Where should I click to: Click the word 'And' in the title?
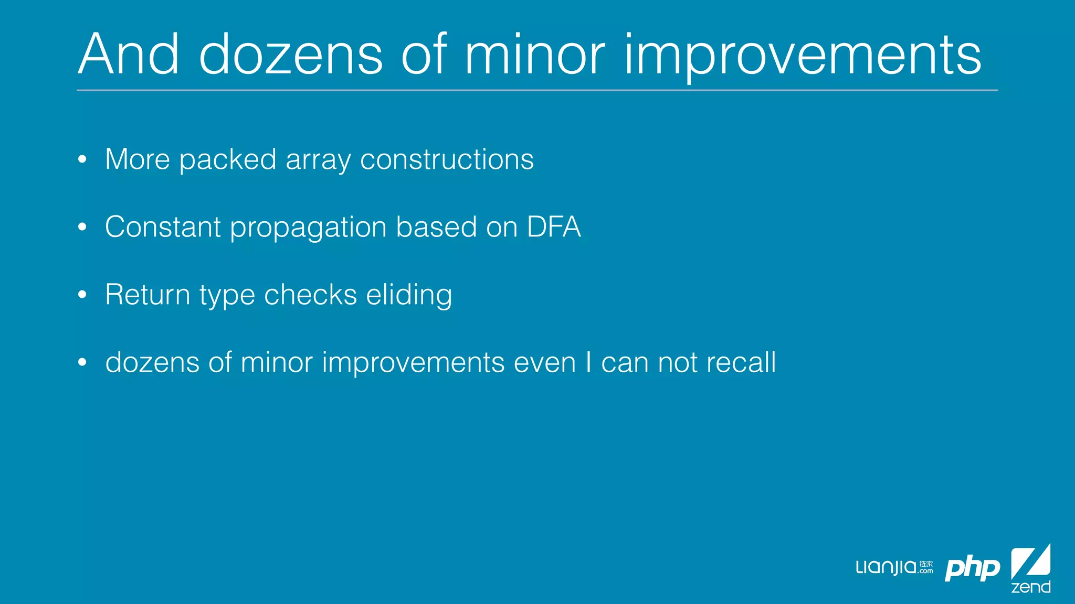tap(129, 55)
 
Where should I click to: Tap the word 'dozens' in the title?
tap(291, 55)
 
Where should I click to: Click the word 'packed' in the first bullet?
tap(227, 159)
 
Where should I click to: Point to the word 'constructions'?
tap(447, 159)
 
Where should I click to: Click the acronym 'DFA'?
tap(554, 227)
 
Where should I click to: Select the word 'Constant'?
tap(163, 227)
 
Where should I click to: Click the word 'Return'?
tap(147, 295)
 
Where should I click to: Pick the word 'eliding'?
tap(409, 295)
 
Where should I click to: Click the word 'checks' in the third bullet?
tap(310, 295)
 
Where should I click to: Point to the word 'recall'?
tap(741, 362)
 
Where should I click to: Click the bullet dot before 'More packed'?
tap(82, 159)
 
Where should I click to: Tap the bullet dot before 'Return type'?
tap(82, 295)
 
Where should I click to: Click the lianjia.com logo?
tap(894, 568)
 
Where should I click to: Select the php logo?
tap(972, 569)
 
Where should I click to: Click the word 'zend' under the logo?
tap(1030, 587)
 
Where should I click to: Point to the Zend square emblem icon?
tap(1030, 562)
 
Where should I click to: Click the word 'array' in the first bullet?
tap(318, 160)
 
